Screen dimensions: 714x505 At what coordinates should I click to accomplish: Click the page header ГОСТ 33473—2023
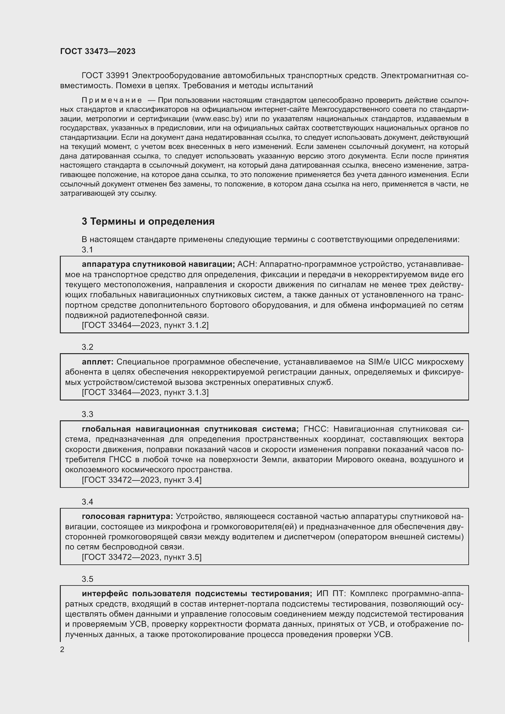98,51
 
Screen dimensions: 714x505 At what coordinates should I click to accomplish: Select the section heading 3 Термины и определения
148,221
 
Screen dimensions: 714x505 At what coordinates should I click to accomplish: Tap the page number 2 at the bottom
62,649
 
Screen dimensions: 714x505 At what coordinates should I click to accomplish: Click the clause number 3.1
87,249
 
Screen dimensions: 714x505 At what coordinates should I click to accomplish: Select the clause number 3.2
87,347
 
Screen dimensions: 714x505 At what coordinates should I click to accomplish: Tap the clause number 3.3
87,414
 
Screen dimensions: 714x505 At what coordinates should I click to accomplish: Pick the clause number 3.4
87,502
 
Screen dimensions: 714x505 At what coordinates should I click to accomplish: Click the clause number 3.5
87,579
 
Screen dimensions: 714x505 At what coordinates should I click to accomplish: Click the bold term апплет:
98,362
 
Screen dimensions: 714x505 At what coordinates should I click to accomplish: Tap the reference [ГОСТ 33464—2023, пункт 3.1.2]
145,325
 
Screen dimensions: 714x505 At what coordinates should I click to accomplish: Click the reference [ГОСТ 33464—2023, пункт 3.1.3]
145,393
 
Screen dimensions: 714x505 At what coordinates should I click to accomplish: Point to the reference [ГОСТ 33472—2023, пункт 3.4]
141,480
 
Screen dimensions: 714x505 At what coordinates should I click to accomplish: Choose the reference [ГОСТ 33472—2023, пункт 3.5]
141,557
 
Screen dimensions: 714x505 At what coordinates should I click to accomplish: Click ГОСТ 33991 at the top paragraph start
105,76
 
